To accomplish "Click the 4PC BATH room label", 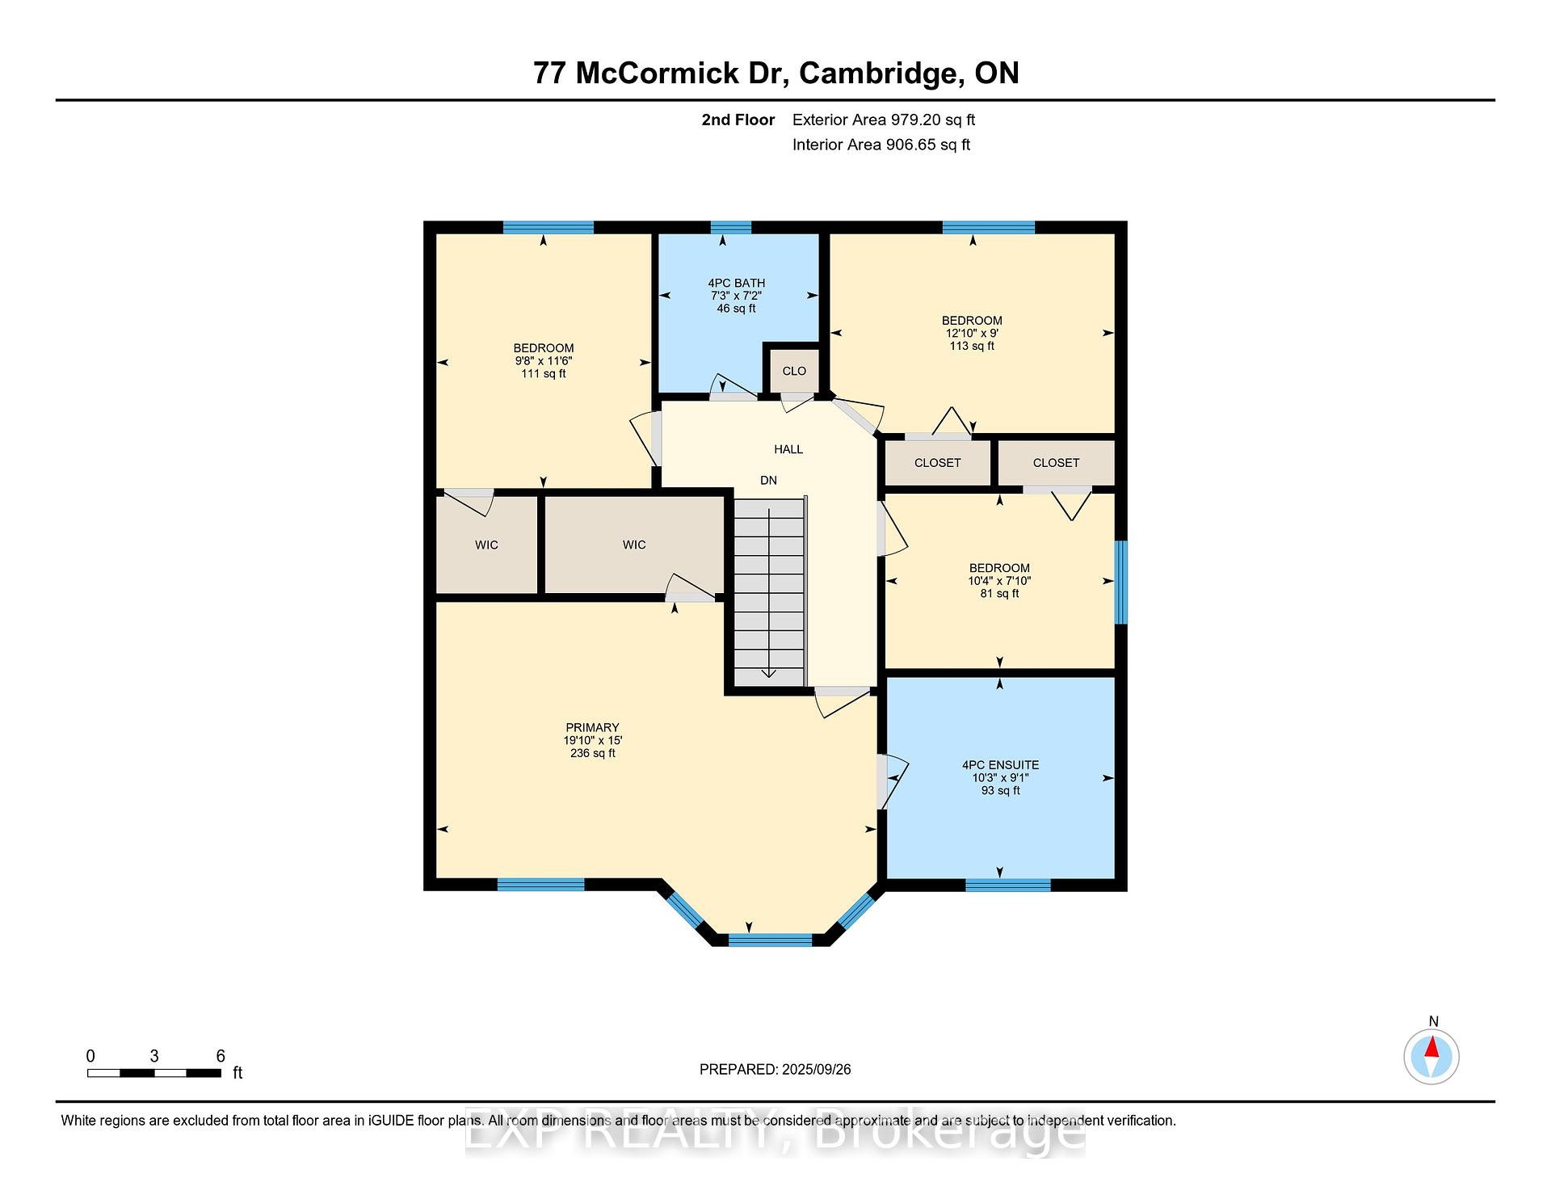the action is pos(736,283).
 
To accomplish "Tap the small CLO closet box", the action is pos(794,371).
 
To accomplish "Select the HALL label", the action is pos(788,449).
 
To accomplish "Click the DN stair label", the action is pos(768,480).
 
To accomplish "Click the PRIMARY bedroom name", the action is pos(592,727).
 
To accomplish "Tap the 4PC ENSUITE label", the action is pos(1000,765).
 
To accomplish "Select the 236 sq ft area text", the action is pos(593,753).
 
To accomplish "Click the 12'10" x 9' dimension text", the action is pos(972,333).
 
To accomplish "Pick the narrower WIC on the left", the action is pos(486,545).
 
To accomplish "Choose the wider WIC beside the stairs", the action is pos(634,545).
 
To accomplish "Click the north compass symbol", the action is pos(1431,1056).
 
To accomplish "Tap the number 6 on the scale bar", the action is pos(221,1056).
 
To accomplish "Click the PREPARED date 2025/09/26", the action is pos(817,1069).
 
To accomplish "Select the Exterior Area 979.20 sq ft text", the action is pos(884,120).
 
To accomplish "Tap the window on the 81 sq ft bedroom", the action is pos(1121,582).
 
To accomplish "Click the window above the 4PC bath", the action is pos(730,227).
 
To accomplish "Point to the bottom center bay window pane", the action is pos(770,940).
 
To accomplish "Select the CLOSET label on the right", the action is pos(1056,463).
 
